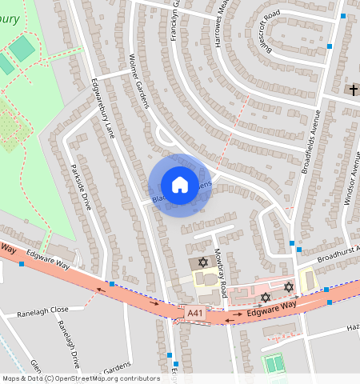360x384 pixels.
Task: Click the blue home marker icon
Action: tap(180, 185)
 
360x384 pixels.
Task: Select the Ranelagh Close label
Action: tap(54, 307)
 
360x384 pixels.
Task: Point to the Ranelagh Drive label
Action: tap(70, 342)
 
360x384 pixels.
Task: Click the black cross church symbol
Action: tap(353, 90)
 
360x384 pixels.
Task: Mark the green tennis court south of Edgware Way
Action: tap(274, 364)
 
